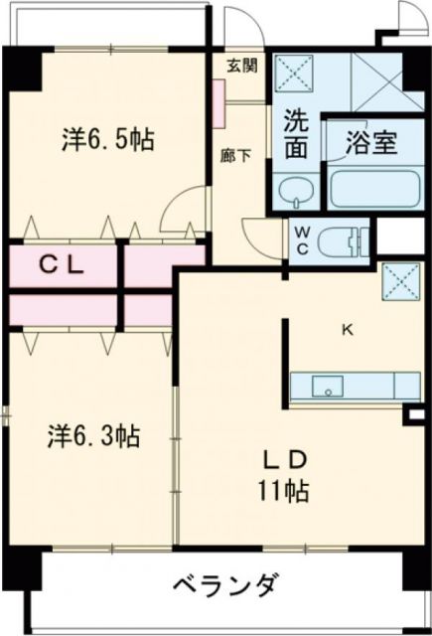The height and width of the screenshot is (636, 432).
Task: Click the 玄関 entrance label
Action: click(241, 66)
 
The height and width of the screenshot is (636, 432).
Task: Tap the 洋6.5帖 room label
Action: click(104, 139)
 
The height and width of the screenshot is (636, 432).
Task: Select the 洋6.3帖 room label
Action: click(95, 435)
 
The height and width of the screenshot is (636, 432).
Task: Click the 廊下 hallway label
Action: click(234, 155)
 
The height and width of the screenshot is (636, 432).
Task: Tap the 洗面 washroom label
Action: click(295, 133)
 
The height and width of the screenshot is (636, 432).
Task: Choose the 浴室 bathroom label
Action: click(372, 143)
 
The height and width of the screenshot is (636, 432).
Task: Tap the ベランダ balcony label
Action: click(220, 583)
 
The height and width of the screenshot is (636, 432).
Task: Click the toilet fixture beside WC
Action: click(344, 239)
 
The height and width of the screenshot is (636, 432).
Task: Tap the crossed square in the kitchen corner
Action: click(398, 280)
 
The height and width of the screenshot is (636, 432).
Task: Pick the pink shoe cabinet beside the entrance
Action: click(216, 97)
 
